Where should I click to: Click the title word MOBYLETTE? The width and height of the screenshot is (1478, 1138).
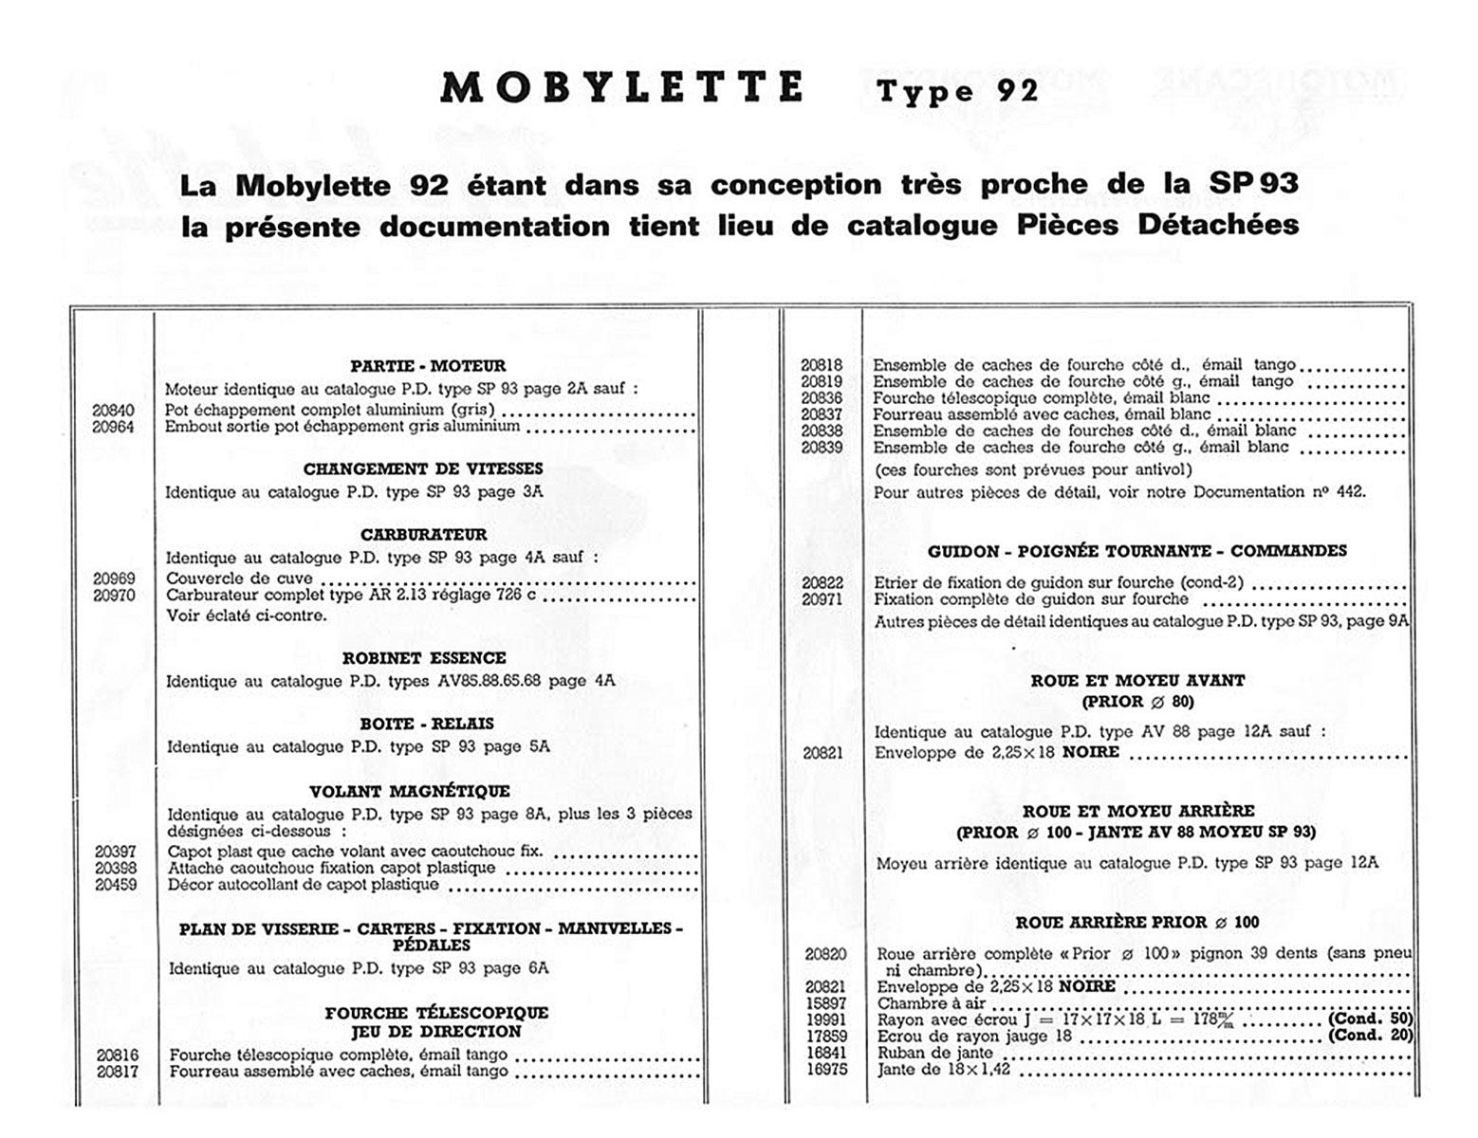pyautogui.click(x=622, y=88)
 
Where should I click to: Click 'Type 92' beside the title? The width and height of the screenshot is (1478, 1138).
pyautogui.click(x=958, y=92)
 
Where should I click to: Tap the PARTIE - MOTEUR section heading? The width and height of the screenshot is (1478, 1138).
pyautogui.click(x=428, y=366)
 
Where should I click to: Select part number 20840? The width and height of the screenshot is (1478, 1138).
pyautogui.click(x=113, y=411)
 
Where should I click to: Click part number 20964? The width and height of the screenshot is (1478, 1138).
pyautogui.click(x=113, y=428)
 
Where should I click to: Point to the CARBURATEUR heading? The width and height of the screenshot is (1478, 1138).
pyautogui.click(x=423, y=535)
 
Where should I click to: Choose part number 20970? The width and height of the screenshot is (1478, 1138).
pyautogui.click(x=114, y=596)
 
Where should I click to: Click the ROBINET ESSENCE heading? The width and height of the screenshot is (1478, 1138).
pyautogui.click(x=424, y=658)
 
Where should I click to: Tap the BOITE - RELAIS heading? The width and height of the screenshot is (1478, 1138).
pyautogui.click(x=427, y=724)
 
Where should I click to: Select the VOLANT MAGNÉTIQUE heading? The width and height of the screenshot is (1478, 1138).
pyautogui.click(x=410, y=792)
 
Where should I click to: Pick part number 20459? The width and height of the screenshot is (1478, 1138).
pyautogui.click(x=116, y=885)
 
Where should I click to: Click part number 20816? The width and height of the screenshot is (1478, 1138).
pyautogui.click(x=117, y=1055)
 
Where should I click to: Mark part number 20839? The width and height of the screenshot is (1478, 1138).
pyautogui.click(x=822, y=448)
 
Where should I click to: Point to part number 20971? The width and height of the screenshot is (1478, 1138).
pyautogui.click(x=822, y=599)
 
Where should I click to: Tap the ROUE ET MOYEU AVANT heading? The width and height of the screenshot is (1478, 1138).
pyautogui.click(x=1137, y=681)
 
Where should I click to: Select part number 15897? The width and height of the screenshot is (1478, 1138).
pyautogui.click(x=825, y=1003)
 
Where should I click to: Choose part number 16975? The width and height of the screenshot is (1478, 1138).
pyautogui.click(x=825, y=1070)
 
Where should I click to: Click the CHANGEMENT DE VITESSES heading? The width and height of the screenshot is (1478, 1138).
pyautogui.click(x=423, y=469)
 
